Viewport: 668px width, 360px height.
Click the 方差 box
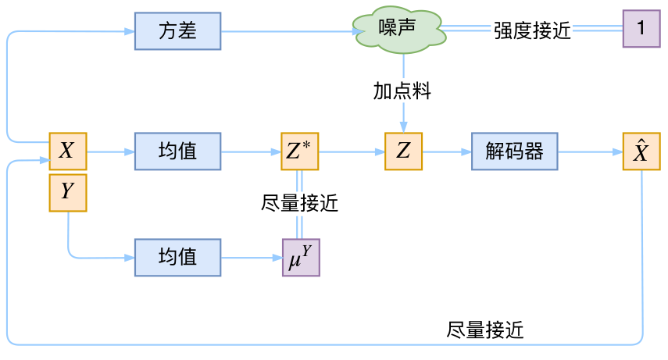pos(177,31)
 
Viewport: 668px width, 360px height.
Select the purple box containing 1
pos(641,30)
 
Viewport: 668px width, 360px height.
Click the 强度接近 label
pos(532,31)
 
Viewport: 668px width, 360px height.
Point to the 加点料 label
pos(402,91)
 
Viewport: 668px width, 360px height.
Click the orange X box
pos(67,151)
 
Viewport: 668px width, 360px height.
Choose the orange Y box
pos(67,192)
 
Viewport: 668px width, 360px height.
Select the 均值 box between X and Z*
pos(177,151)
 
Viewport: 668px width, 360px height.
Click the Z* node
pos(300,151)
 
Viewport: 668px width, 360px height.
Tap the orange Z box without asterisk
pos(403,151)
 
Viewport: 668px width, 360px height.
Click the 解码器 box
pos(514,151)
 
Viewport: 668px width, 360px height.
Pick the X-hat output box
pos(641,151)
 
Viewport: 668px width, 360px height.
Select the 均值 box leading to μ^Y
pos(177,257)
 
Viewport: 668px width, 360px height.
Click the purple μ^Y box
pos(300,257)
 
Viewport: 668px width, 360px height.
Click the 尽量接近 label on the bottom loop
pos(485,330)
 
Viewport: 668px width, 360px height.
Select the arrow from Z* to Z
pos(352,151)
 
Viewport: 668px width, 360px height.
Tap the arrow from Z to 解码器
pos(447,151)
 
